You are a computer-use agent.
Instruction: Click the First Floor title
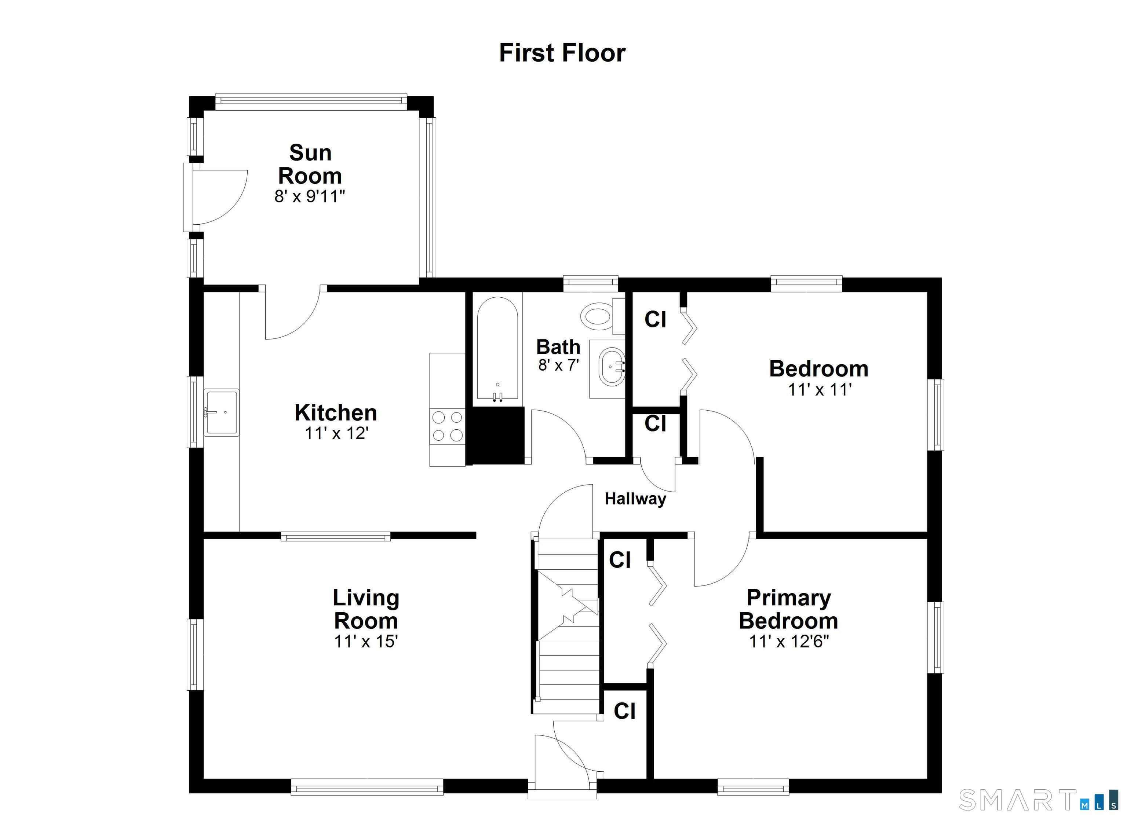(x=562, y=53)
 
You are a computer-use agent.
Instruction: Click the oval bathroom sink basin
(x=611, y=367)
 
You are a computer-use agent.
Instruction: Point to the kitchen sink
(x=222, y=412)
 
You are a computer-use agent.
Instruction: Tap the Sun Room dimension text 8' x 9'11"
(x=310, y=197)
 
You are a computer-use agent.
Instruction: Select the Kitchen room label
(x=336, y=413)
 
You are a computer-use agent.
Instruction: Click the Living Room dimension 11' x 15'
(x=366, y=641)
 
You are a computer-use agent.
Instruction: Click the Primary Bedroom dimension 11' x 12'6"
(x=789, y=641)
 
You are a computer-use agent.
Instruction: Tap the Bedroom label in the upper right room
(x=819, y=369)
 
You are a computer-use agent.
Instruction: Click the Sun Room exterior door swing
(x=219, y=196)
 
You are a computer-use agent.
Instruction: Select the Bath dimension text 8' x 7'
(x=558, y=366)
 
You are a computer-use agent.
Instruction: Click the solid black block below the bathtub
(x=497, y=436)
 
